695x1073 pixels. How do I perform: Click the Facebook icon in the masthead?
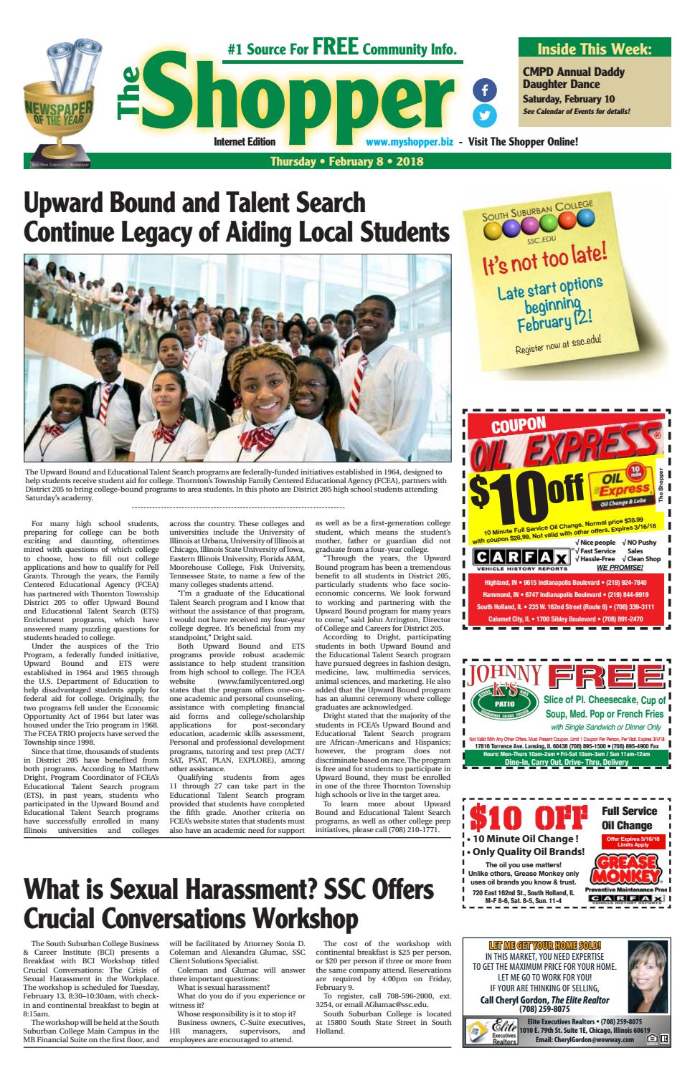pos(485,90)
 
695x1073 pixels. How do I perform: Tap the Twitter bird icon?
pos(485,115)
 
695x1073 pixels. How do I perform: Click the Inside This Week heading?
pos(595,49)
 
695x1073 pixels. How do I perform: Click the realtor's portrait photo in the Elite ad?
pos(646,976)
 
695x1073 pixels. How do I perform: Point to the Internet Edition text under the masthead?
pos(245,142)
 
